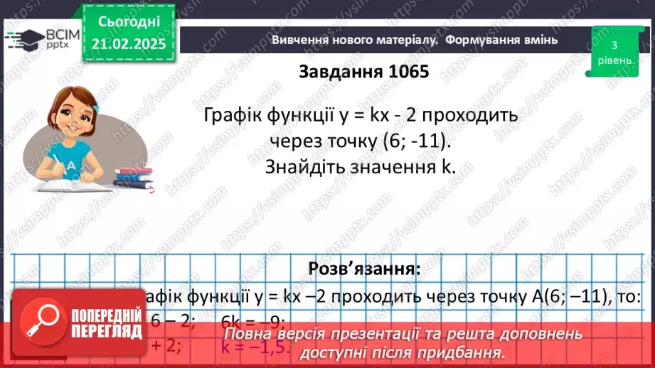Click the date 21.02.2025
[x=128, y=44]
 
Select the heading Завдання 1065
[x=364, y=72]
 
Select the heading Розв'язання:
[x=364, y=269]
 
